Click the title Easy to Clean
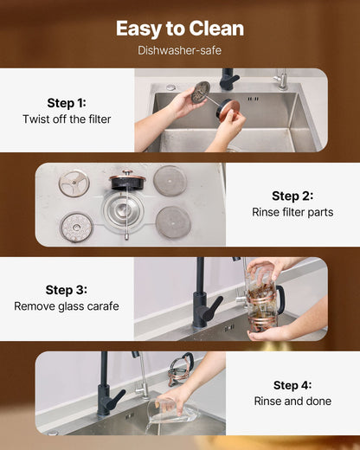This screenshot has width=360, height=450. click(x=180, y=29)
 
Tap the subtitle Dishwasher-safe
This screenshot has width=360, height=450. click(x=180, y=50)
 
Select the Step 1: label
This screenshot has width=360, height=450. click(x=67, y=102)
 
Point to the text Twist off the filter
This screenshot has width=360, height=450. click(x=67, y=119)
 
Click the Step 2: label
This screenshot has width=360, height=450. click(x=292, y=196)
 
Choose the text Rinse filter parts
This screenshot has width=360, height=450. click(x=292, y=212)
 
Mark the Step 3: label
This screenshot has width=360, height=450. click(x=67, y=290)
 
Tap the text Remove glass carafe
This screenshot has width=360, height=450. click(x=67, y=306)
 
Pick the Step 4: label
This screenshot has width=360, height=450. click(x=292, y=385)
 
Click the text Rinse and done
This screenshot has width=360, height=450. click(x=292, y=402)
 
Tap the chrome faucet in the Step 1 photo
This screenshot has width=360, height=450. click(x=281, y=79)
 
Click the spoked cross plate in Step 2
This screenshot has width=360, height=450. click(x=74, y=183)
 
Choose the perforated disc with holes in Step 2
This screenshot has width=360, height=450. click(x=76, y=227)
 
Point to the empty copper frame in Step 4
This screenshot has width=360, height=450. click(x=181, y=369)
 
